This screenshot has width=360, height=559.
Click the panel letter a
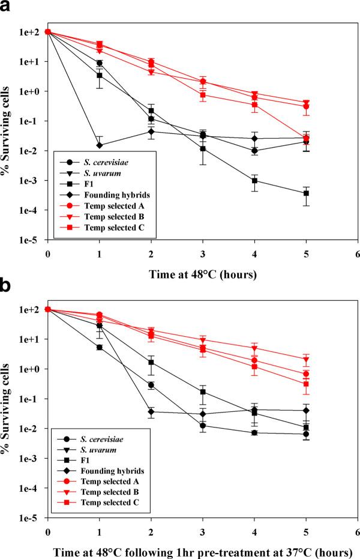pyautogui.click(x=8, y=8)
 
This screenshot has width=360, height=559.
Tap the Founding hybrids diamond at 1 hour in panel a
pyautogui.click(x=99, y=145)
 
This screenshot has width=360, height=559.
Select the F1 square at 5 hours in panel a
pyautogui.click(x=306, y=193)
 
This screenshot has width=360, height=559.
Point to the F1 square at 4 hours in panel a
pyautogui.click(x=254, y=181)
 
